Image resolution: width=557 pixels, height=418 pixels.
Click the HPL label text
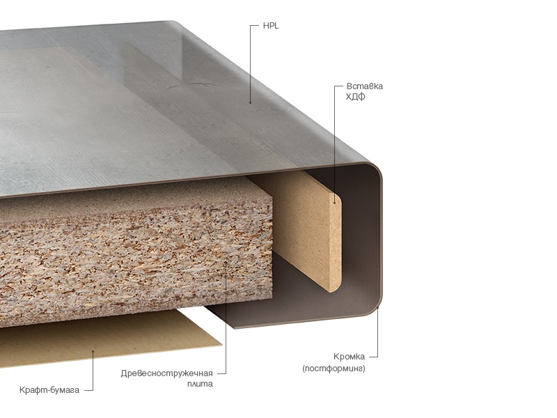(271, 26)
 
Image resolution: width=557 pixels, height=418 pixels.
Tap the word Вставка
(364, 86)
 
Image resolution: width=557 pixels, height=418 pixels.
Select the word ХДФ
(355, 97)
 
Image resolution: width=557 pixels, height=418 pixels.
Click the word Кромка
(349, 357)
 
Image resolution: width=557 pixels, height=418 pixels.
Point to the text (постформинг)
(334, 369)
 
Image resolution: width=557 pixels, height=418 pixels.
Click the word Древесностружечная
(166, 373)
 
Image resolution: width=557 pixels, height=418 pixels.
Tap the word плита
(200, 384)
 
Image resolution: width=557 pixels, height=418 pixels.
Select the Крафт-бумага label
(49, 390)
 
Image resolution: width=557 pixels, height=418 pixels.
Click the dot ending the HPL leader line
(250, 102)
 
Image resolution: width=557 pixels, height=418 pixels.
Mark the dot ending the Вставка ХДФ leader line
(335, 203)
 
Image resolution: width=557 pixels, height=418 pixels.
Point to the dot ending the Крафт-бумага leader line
(93, 352)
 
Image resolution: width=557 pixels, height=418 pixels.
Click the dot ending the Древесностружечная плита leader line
(226, 263)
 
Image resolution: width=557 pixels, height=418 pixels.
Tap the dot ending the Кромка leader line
(377, 309)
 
